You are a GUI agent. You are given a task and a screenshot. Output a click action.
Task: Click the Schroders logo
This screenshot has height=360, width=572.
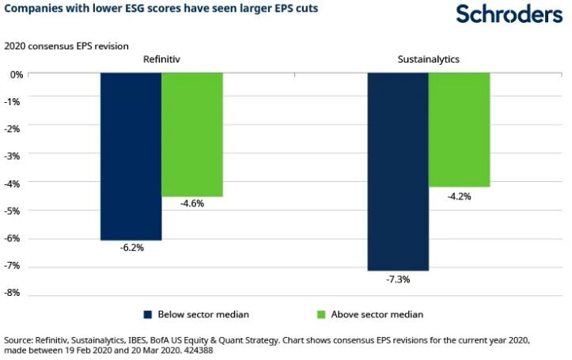(509, 13)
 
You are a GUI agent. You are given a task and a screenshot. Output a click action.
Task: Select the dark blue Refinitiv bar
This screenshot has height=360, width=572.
(131, 156)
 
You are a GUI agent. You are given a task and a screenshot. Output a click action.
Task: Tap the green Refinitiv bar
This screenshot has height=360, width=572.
(192, 135)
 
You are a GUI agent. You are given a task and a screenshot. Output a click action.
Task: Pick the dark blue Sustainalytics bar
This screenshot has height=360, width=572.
(398, 172)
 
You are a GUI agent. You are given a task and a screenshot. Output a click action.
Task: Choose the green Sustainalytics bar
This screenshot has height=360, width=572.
(459, 130)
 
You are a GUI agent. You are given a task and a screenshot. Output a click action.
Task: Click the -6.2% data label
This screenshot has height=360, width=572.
(131, 248)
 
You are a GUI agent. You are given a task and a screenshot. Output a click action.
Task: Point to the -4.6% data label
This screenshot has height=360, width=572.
(192, 203)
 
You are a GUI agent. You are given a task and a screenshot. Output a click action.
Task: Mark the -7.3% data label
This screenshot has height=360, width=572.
(398, 279)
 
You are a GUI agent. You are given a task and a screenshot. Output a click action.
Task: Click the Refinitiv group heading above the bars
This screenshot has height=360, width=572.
(162, 59)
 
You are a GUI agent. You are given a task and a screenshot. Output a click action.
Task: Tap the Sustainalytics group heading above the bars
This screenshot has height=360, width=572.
(429, 59)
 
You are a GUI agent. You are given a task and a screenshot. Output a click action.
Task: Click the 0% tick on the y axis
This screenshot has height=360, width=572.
(17, 74)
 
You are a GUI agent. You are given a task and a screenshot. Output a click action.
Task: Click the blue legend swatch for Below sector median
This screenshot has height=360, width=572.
(147, 314)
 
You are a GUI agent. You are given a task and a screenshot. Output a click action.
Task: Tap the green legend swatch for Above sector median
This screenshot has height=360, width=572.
(320, 314)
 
